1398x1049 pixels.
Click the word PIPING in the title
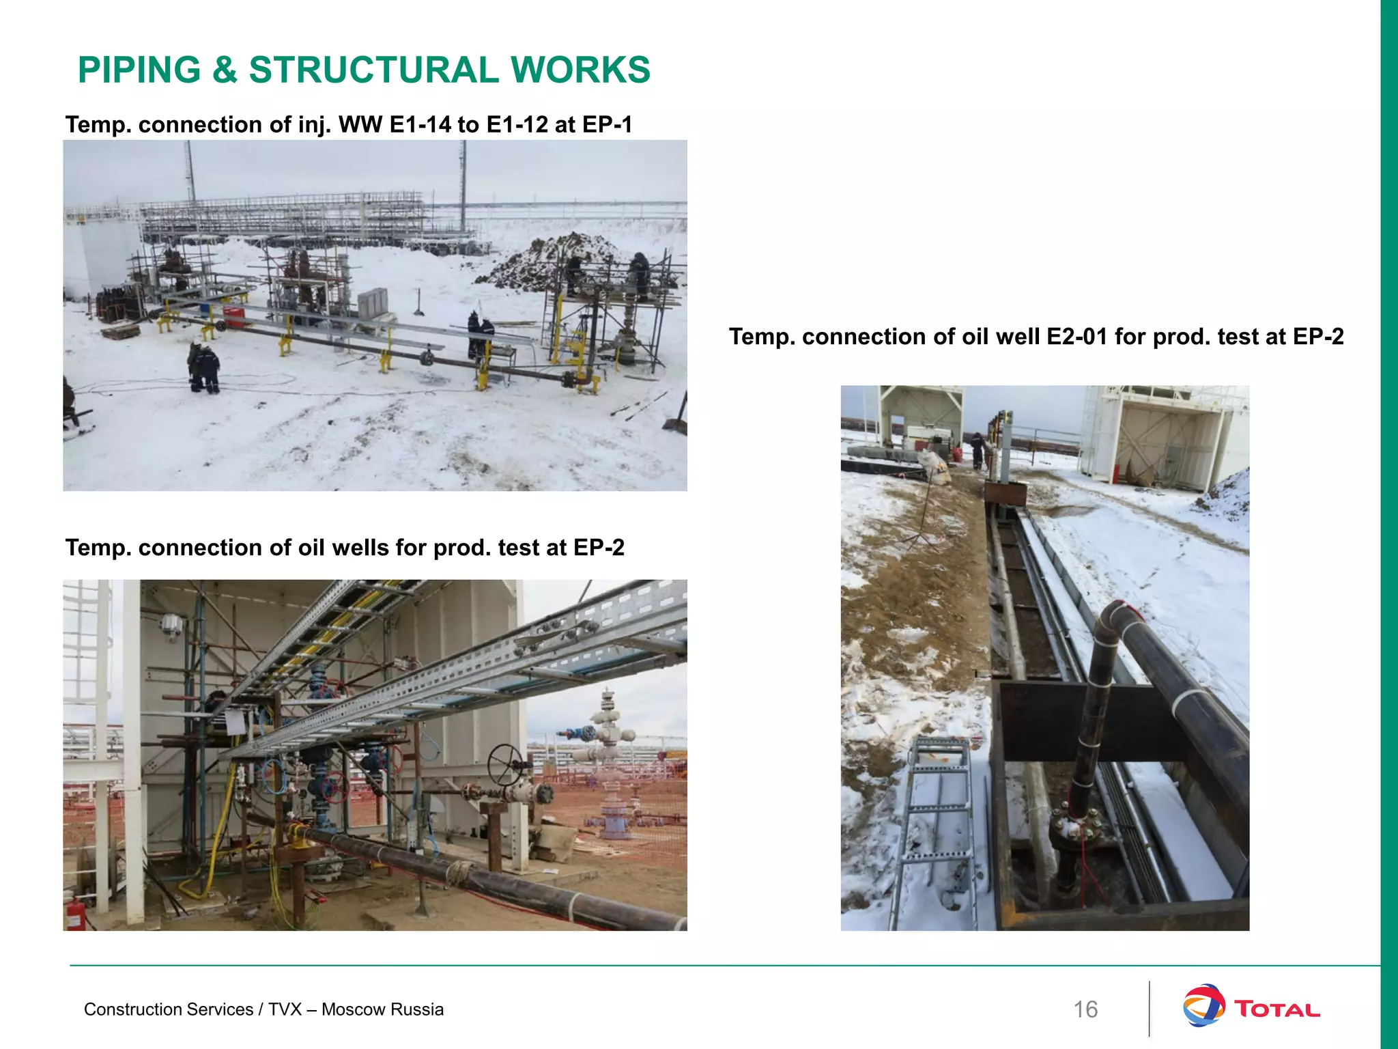[139, 70]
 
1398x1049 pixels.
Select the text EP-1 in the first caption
[607, 125]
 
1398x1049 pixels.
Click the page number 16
[1085, 1009]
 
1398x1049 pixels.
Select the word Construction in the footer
[126, 1009]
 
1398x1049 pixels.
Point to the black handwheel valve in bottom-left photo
[507, 764]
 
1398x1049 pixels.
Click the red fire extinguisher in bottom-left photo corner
[75, 913]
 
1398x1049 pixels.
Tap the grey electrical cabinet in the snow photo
[373, 305]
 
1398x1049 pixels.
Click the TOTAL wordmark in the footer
[1276, 1009]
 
